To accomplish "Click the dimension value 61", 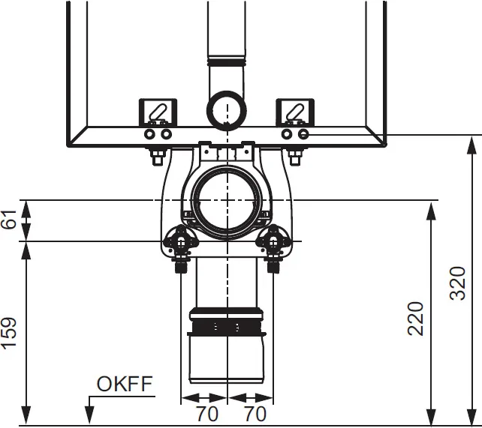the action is pos(9,219).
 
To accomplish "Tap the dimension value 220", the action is pos(416,319).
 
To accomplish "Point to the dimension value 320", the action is pos(458,283).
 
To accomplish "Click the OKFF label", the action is pos(125,384).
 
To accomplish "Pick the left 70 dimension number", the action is pos(207,414).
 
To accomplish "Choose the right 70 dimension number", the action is pos(255,414).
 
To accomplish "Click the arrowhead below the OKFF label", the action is pos(89,415).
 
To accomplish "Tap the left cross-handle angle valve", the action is pos(181,241).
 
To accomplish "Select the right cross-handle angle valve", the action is pos(273,241).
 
